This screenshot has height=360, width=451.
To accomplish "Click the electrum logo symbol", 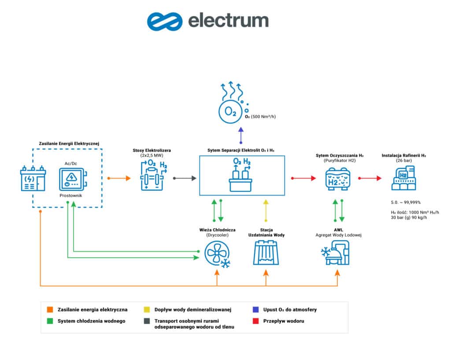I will point(165,21).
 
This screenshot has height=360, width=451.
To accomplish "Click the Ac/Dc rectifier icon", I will point(72,178).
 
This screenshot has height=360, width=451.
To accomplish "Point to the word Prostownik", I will point(71,194).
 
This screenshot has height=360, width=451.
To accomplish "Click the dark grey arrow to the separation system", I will point(184,178).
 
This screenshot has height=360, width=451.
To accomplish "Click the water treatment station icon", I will point(266,253).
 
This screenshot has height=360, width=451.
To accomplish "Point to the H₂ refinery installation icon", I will point(403,178).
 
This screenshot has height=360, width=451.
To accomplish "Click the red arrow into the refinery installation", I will point(370,178).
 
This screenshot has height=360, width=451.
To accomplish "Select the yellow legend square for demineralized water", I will point(146,310).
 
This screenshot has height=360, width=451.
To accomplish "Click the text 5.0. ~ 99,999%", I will point(405,202).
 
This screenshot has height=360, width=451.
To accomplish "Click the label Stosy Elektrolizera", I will point(152,150).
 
